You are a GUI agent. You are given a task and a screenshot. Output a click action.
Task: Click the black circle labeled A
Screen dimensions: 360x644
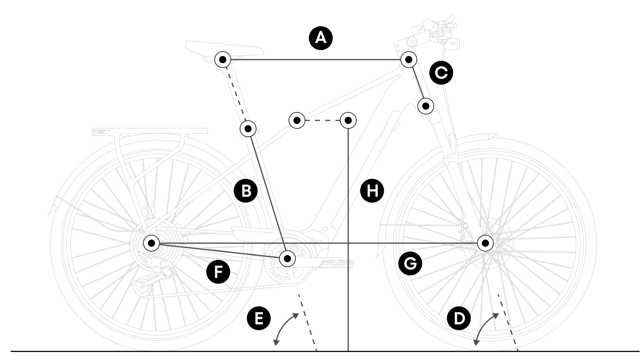click(320, 38)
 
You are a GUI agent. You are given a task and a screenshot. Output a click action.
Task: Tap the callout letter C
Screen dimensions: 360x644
click(441, 73)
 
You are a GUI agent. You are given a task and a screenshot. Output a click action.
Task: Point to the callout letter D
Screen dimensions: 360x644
click(459, 318)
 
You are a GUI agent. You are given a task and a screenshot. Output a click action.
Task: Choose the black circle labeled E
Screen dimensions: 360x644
click(258, 318)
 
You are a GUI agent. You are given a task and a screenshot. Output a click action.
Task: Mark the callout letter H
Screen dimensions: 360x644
click(372, 191)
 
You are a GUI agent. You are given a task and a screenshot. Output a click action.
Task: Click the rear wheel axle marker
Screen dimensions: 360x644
click(151, 243)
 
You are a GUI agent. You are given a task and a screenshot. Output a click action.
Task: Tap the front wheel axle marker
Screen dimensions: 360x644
click(485, 243)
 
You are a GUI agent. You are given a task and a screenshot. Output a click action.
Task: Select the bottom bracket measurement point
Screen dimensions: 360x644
click(287, 259)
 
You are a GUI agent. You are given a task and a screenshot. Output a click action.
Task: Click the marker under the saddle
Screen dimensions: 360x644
click(223, 60)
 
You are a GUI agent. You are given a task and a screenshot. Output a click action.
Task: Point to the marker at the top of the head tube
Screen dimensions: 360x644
click(408, 60)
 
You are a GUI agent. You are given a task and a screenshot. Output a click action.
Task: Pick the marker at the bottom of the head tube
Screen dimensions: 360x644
click(426, 106)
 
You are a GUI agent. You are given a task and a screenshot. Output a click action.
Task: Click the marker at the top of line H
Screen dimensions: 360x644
click(348, 120)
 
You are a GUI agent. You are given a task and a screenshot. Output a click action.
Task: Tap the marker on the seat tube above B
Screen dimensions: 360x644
click(248, 128)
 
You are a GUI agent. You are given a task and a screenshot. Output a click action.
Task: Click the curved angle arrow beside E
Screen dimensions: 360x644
click(284, 328)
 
